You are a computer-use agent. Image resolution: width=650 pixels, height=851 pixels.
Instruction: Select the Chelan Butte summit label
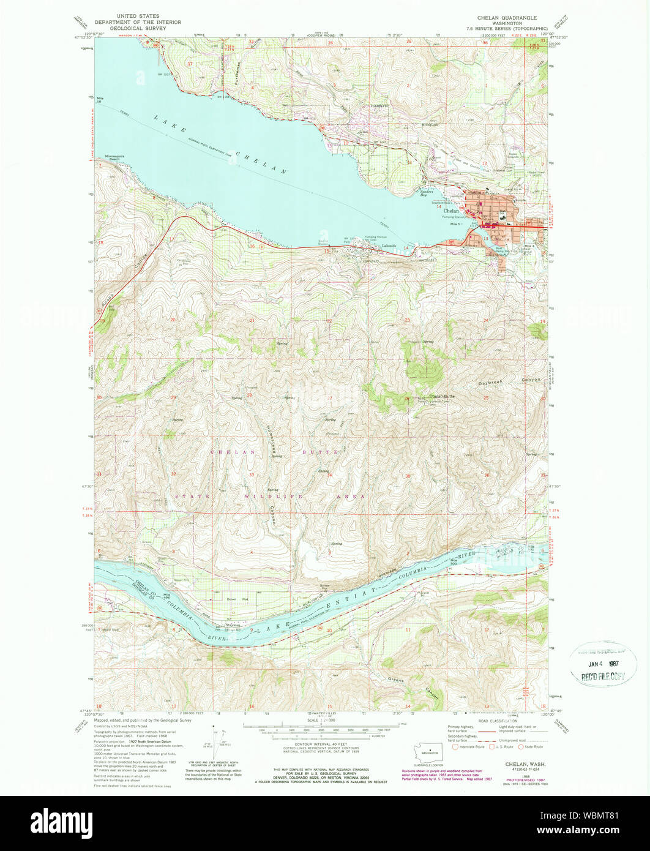coord(442,396)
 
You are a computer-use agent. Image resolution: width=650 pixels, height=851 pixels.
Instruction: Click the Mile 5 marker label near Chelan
coord(454,225)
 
